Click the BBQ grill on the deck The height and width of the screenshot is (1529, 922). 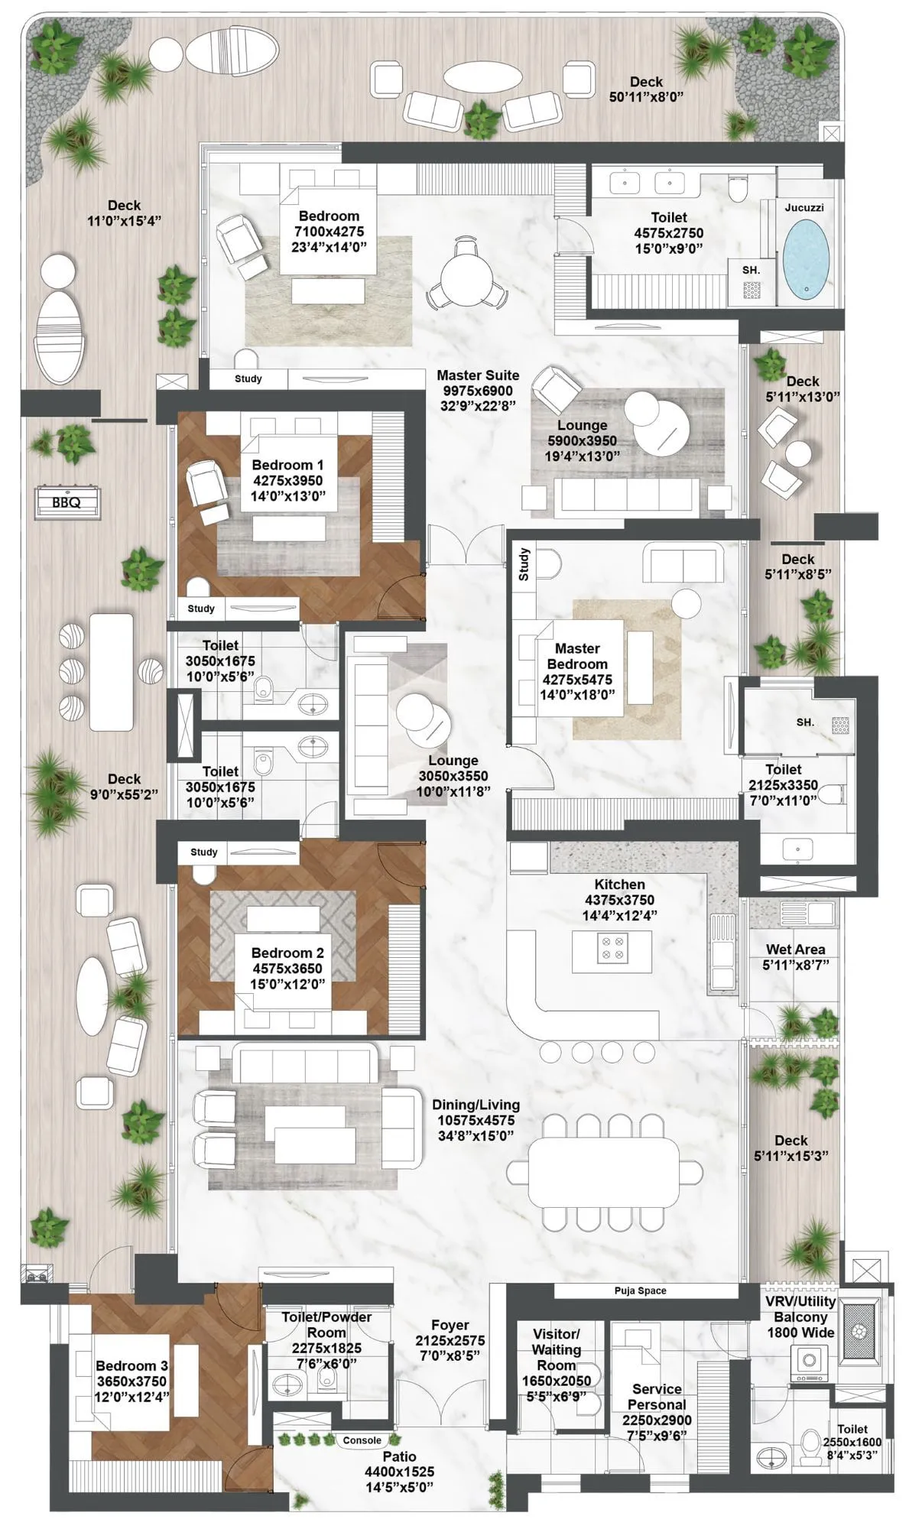67,502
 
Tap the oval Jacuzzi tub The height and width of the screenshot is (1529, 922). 807,258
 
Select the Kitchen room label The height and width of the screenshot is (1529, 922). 619,885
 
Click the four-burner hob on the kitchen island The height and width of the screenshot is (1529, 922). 611,948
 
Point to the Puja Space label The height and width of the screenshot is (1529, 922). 640,1290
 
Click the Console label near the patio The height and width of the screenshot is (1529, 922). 362,1440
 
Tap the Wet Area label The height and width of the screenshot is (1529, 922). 795,950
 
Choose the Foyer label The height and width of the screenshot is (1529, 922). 450,1325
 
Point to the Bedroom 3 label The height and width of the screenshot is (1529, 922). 131,1365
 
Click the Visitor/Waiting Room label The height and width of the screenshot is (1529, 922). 556,1349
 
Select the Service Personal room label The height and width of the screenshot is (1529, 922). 657,1397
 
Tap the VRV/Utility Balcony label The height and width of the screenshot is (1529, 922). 800,1316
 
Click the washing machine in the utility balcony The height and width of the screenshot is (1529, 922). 810,1362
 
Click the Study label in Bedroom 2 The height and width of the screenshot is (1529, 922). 204,852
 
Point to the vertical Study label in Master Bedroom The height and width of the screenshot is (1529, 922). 524,564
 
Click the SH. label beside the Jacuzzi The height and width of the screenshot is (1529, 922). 751,270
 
